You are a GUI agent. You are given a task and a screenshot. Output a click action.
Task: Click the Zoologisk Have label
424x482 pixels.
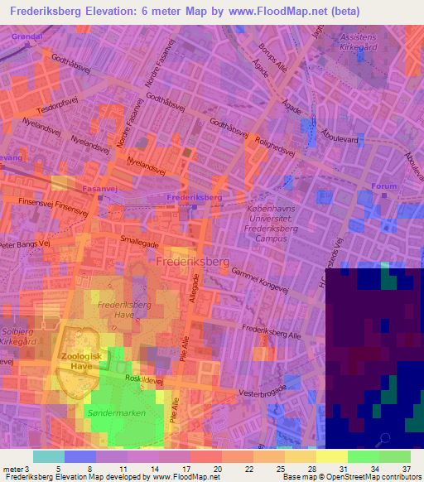pos(79,361)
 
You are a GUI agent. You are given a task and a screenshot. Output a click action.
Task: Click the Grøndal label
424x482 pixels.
pos(27,38)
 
